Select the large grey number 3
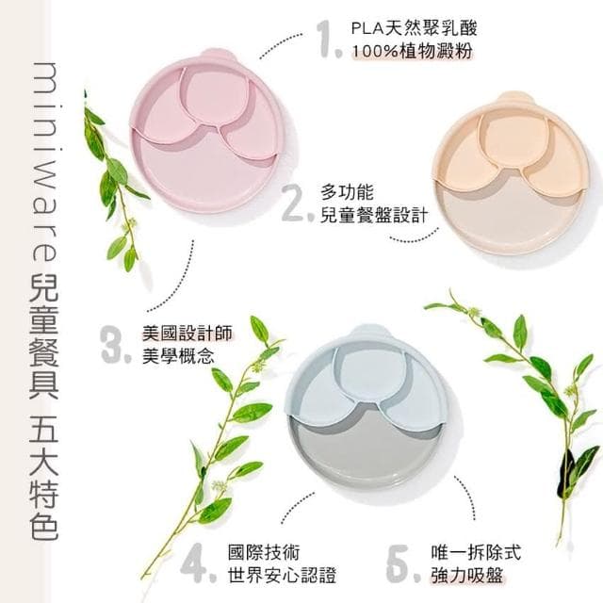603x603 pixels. [114, 345]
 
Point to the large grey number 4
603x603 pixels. [194, 563]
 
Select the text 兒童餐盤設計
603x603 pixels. [374, 216]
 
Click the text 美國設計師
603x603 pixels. [179, 334]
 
